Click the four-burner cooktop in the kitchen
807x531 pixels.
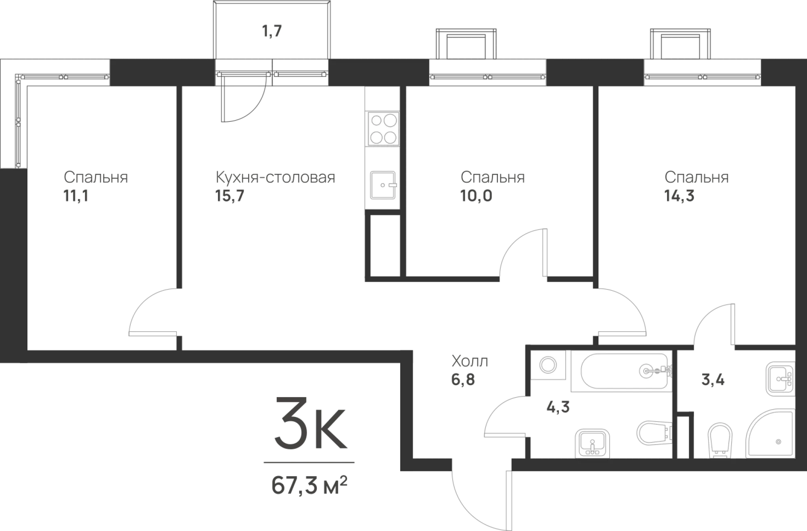pos(383,129)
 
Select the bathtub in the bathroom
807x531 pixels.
pos(621,371)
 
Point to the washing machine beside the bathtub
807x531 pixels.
pos(548,365)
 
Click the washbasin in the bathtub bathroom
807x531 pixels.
pos(592,442)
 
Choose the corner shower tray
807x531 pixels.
pos(770,435)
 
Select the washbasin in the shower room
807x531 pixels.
pos(780,379)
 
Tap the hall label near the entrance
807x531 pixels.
pos(470,360)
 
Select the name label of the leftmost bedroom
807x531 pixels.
pos(95,177)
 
